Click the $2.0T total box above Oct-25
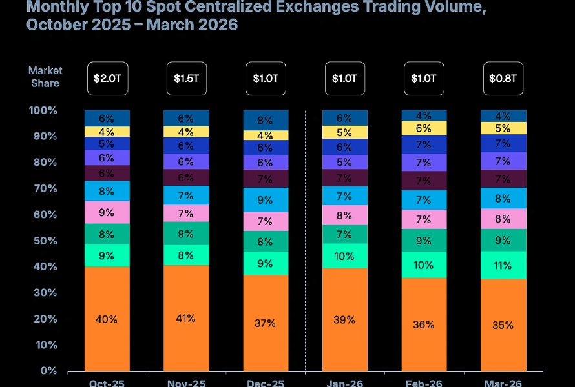point(107,79)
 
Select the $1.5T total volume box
point(186,79)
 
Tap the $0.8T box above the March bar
point(503,79)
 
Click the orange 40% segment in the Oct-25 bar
point(107,319)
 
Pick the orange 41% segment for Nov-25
point(186,318)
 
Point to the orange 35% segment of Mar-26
point(503,324)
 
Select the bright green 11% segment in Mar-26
point(503,265)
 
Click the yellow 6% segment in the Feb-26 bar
point(424,128)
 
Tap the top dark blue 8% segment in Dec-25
point(266,120)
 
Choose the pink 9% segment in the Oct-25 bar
point(107,212)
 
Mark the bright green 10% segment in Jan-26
point(344,256)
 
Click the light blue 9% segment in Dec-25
point(266,200)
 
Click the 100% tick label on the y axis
point(43,110)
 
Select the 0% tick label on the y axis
point(48,371)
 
